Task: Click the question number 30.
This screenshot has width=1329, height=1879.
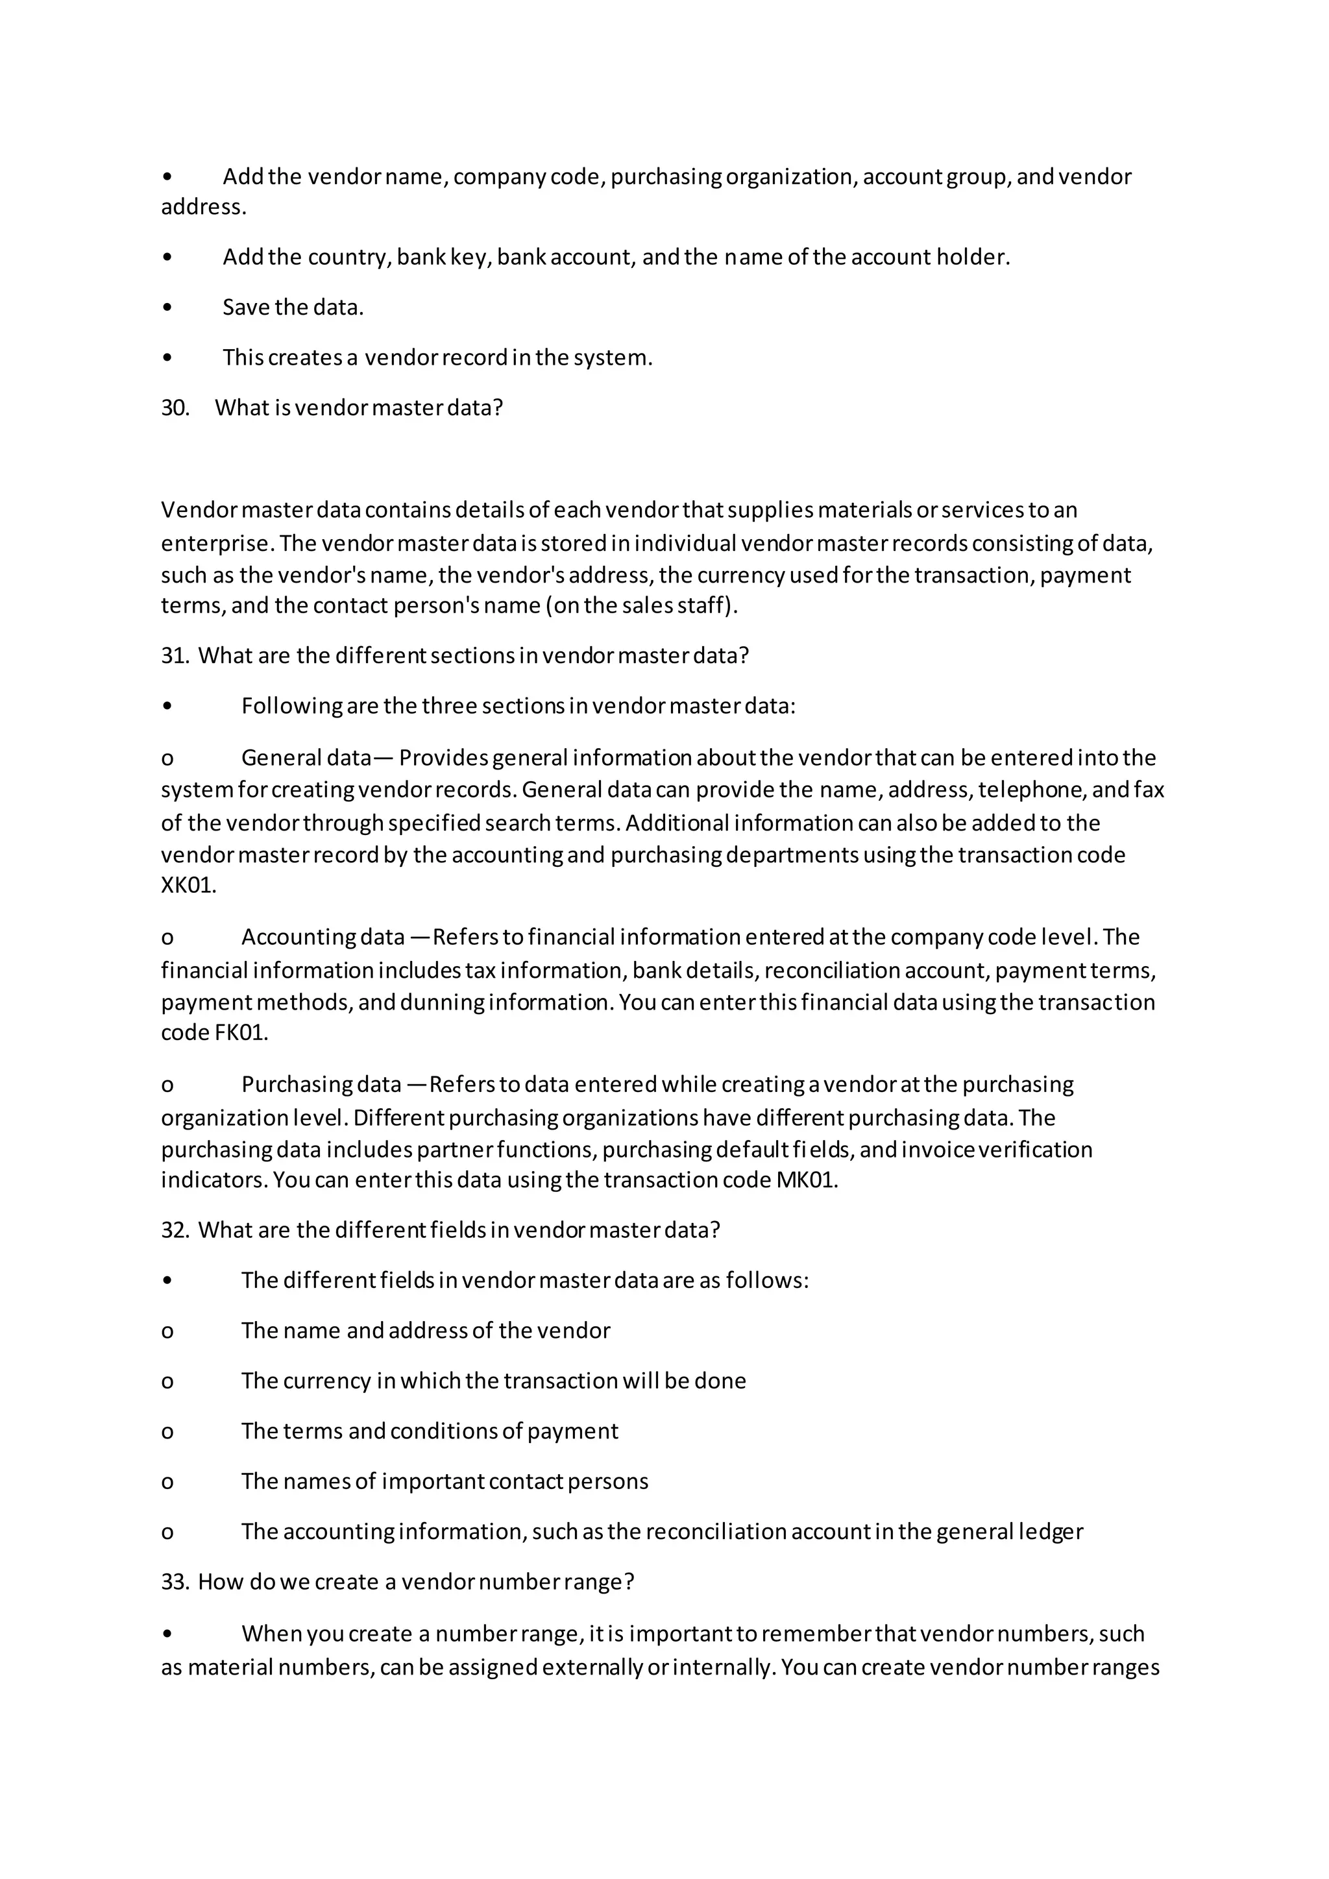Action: (x=175, y=407)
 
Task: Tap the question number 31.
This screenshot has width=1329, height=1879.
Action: (x=175, y=655)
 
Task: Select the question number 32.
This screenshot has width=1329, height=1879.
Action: (x=175, y=1230)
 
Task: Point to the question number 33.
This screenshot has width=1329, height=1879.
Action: (x=175, y=1582)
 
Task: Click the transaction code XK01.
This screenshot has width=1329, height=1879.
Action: (x=188, y=886)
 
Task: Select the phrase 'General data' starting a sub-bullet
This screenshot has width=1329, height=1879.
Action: (x=307, y=758)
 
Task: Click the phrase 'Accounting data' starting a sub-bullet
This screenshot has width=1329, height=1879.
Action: (x=323, y=937)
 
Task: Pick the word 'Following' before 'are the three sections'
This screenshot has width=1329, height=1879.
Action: (x=291, y=707)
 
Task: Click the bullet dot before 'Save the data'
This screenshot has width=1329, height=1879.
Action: (x=168, y=308)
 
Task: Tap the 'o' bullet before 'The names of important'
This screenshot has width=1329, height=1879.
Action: (x=168, y=1482)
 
